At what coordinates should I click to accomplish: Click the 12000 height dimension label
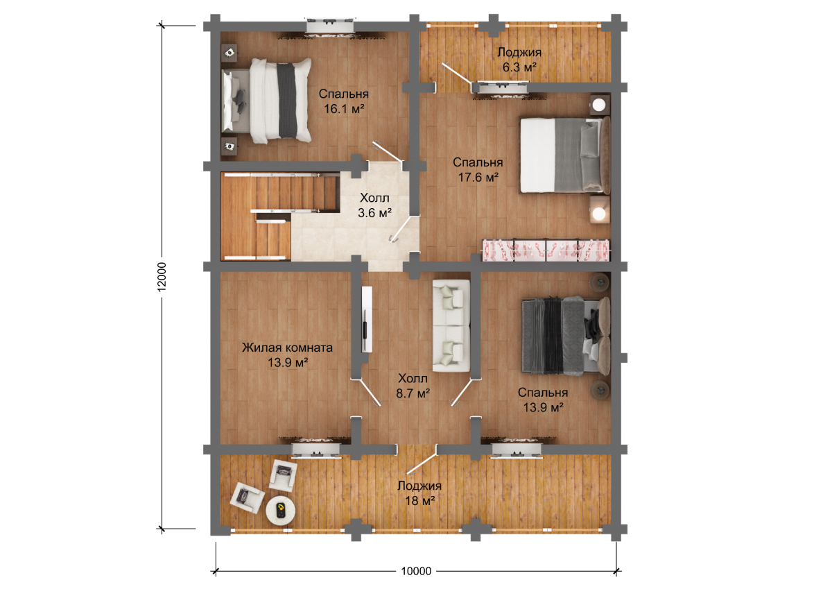[162, 277]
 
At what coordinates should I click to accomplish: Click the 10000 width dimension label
[416, 571]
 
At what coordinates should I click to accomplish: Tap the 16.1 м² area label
[344, 109]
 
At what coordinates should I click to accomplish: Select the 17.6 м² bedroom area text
[478, 178]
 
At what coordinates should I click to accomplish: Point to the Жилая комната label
[287, 348]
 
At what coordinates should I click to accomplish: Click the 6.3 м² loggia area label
[519, 67]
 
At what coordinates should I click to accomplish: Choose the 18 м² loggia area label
[419, 501]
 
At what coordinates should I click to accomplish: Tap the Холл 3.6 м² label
[374, 205]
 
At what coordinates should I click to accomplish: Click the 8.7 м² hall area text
[413, 393]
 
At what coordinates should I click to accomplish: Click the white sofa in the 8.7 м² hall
[451, 325]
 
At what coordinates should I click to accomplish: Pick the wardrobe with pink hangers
[546, 250]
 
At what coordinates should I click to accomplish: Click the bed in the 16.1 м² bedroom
[266, 101]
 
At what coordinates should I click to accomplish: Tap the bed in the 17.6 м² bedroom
[564, 155]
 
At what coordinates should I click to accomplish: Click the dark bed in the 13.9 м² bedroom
[566, 336]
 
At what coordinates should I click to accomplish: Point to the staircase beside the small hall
[279, 216]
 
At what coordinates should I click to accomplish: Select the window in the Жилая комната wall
[315, 450]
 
